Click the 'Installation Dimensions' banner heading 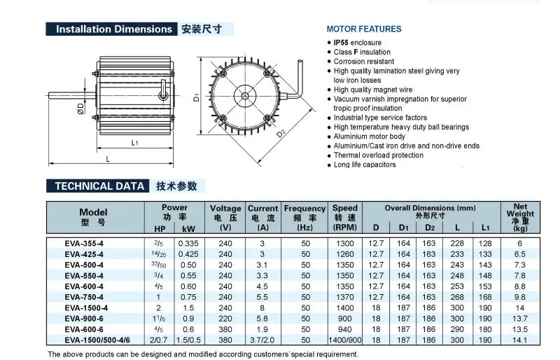click(113, 29)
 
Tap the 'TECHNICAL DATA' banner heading click(96, 186)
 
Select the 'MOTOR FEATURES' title click(364, 29)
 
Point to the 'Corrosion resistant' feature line click(365, 62)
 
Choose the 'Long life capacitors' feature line click(365, 165)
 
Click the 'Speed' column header click(344, 208)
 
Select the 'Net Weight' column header click(520, 214)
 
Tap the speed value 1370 click(344, 296)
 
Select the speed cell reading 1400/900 click(344, 340)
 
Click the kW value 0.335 click(189, 243)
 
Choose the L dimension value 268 click(458, 296)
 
